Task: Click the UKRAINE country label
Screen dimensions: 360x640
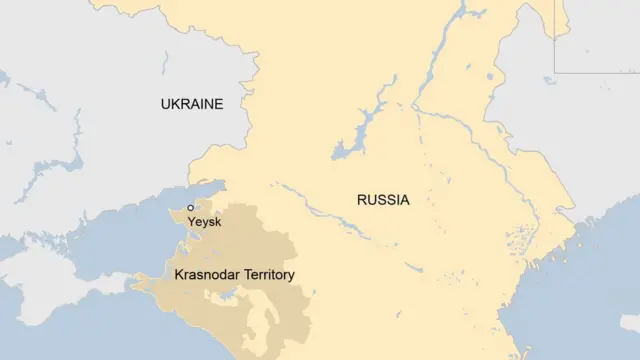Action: [x=192, y=104]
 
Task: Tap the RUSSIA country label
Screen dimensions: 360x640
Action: [x=383, y=200]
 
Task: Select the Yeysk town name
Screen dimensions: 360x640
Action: [x=204, y=222]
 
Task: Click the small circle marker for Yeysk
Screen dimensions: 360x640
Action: [x=190, y=207]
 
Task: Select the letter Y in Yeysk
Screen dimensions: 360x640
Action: [x=191, y=222]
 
